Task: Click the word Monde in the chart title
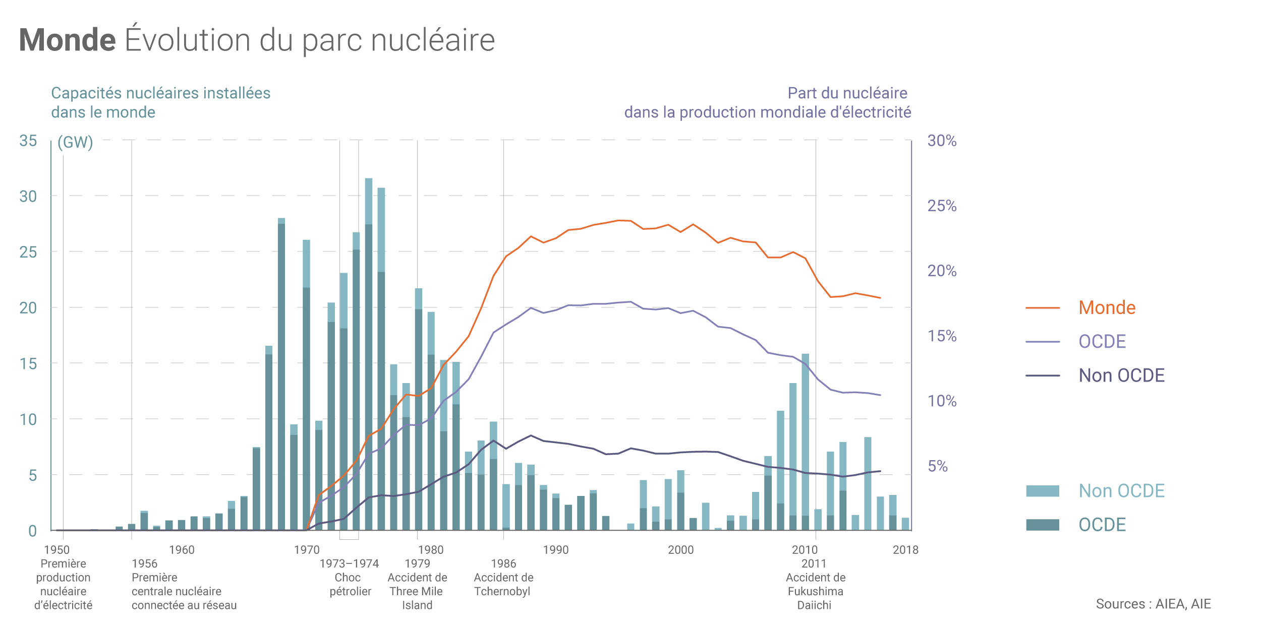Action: pos(68,40)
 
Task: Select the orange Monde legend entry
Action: pos(1107,307)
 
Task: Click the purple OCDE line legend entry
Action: pos(1102,342)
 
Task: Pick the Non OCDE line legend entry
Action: pos(1121,375)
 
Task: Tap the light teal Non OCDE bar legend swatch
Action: pos(1042,491)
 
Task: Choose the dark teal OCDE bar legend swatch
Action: pos(1042,525)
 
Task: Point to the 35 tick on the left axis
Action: pos(28,141)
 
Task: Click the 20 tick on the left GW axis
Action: pos(28,307)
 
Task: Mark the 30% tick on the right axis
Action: pos(942,141)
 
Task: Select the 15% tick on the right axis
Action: pos(942,336)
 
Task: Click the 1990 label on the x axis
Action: pos(555,550)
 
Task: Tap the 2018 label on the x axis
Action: pos(905,550)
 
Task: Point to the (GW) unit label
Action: pos(75,142)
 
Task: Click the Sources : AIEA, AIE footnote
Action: pos(1153,604)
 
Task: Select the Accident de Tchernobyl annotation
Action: pos(503,585)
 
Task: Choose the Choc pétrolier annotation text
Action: pos(350,585)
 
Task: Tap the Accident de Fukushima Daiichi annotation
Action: pos(815,591)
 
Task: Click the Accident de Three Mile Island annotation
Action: pos(417,591)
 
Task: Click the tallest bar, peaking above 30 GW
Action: pos(369,353)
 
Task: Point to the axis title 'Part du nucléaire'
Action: pos(847,93)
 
